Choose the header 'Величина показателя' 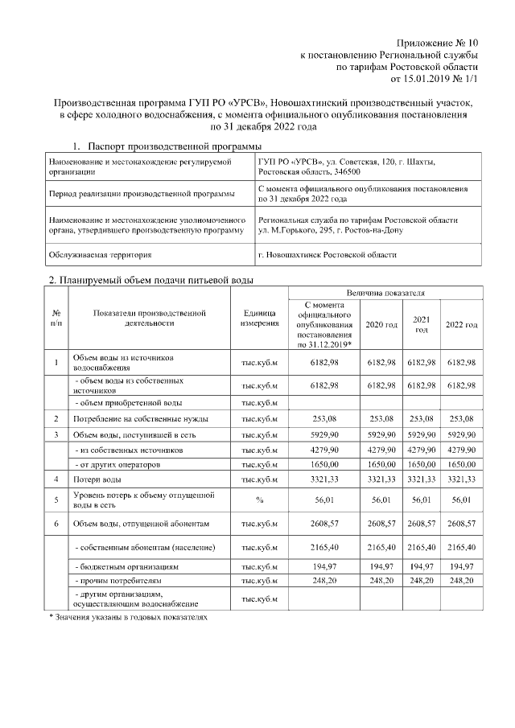(385, 294)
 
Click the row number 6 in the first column (56, 524)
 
